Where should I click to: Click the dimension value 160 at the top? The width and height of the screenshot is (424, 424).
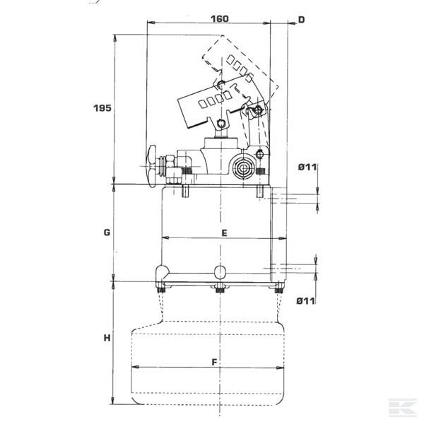(x=219, y=19)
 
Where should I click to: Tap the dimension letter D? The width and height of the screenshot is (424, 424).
(x=301, y=20)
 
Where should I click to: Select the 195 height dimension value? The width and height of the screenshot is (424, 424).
(x=102, y=108)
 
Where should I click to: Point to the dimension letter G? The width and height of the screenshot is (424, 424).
(x=107, y=232)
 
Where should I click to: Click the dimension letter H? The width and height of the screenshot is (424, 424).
(x=107, y=338)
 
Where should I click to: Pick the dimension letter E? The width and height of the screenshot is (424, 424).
(x=224, y=232)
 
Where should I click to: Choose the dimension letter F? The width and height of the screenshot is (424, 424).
(x=214, y=362)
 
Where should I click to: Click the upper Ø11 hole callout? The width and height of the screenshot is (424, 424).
(x=307, y=167)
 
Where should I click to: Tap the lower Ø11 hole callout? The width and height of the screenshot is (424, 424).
(x=306, y=301)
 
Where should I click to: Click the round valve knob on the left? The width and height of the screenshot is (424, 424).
(x=152, y=166)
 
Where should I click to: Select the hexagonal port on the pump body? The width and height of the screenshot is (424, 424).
(x=243, y=168)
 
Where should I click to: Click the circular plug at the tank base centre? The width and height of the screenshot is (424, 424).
(x=220, y=272)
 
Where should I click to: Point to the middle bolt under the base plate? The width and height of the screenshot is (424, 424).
(x=220, y=288)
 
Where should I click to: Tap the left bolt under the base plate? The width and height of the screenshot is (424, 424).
(x=161, y=288)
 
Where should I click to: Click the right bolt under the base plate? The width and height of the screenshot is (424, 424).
(x=278, y=288)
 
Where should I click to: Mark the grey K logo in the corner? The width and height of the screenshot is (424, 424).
(x=402, y=407)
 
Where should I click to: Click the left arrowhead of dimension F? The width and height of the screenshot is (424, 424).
(x=135, y=367)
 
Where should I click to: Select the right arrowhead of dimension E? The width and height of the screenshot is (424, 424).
(x=282, y=238)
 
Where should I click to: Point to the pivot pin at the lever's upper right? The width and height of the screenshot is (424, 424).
(x=258, y=110)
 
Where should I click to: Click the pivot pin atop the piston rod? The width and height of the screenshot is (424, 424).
(x=220, y=124)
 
